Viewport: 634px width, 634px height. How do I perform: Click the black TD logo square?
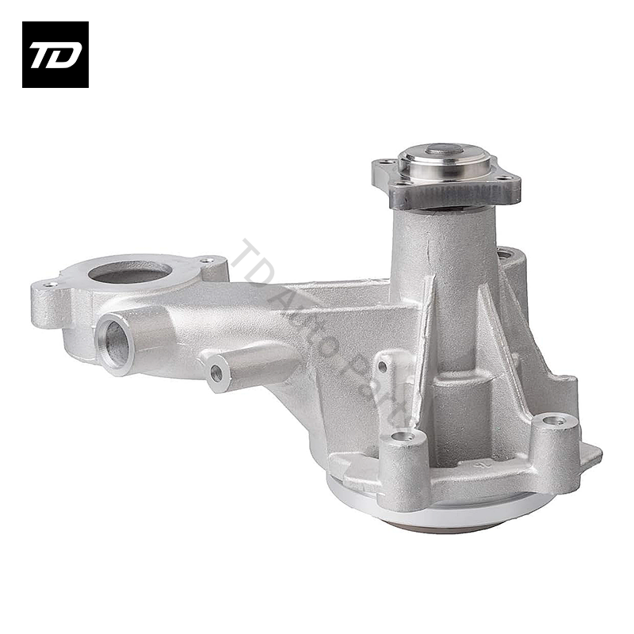coord(55,54)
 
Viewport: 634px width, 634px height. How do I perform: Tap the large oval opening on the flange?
coord(129,273)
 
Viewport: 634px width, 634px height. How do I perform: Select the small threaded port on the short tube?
coord(216,373)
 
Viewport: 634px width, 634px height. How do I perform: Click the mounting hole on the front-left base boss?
coord(403,435)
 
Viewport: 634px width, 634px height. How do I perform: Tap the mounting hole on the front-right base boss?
coord(554,421)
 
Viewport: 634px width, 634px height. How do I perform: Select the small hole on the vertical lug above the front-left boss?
coord(383,366)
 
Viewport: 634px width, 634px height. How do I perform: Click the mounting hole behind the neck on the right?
coord(505,254)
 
